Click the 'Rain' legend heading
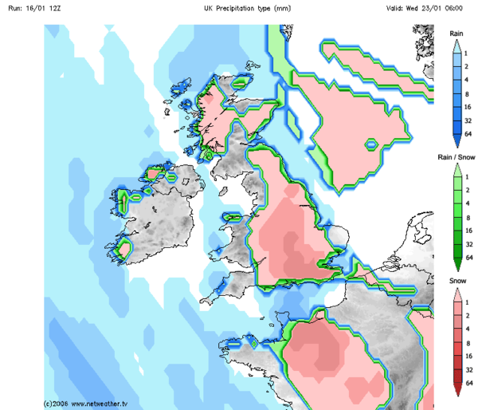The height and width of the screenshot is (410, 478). pos(456,34)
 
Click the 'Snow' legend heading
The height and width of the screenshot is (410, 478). pos(456,282)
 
